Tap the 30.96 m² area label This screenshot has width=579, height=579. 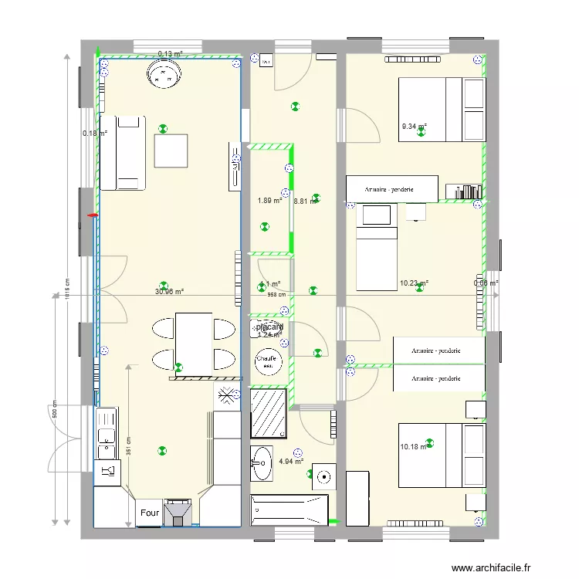[x=169, y=292]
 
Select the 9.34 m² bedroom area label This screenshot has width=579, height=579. [x=414, y=127]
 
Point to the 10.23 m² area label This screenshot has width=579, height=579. [x=414, y=283]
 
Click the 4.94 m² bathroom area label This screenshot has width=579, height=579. [x=290, y=462]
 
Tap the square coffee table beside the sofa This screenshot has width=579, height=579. [x=171, y=151]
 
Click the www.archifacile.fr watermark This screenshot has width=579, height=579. [x=492, y=567]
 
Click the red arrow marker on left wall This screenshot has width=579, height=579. [x=93, y=215]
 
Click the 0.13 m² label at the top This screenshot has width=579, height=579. [x=170, y=54]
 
